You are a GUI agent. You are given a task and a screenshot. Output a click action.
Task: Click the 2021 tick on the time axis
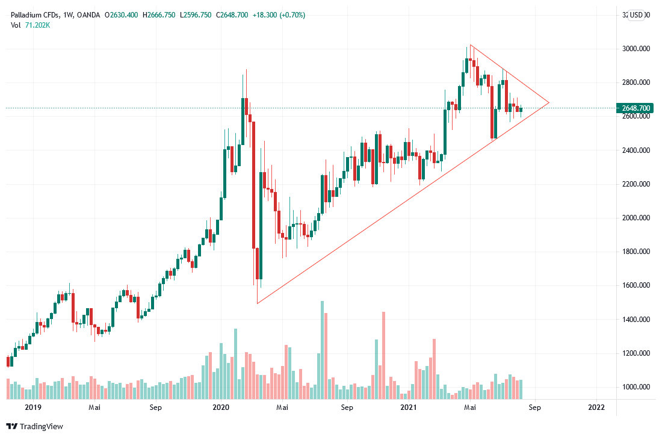tap(409, 408)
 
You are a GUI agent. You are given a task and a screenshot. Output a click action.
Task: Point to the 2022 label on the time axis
tap(596, 408)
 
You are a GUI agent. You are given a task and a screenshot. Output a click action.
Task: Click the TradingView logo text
tap(42, 427)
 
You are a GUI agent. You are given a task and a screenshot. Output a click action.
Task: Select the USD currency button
tap(636, 15)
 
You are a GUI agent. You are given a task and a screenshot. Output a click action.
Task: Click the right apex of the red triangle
tap(549, 103)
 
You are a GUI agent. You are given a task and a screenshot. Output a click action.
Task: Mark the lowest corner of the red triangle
tap(257, 303)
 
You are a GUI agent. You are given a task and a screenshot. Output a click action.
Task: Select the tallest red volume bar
tap(383, 355)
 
